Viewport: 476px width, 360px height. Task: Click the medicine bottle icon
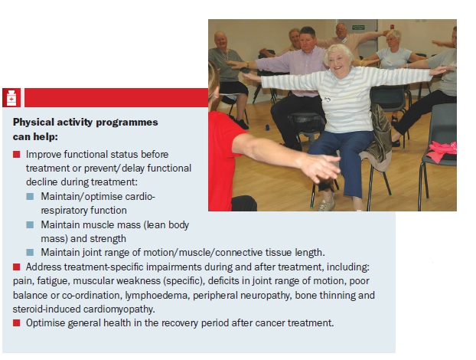11,97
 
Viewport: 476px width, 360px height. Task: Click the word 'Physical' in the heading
33,122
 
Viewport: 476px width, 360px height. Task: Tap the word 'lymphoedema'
156,295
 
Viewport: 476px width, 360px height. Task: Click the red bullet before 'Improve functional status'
16,154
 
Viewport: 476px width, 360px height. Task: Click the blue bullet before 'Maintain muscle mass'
30,225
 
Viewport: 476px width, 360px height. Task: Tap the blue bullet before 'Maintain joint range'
30,252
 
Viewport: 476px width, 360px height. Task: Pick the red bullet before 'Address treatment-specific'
16,267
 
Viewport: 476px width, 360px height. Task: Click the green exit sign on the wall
358,28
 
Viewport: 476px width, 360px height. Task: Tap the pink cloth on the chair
442,151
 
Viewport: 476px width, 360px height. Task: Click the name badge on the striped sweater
328,100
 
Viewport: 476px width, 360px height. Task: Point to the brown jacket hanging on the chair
377,136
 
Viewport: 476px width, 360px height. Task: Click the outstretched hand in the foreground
321,168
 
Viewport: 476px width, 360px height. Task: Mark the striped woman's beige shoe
326,205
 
